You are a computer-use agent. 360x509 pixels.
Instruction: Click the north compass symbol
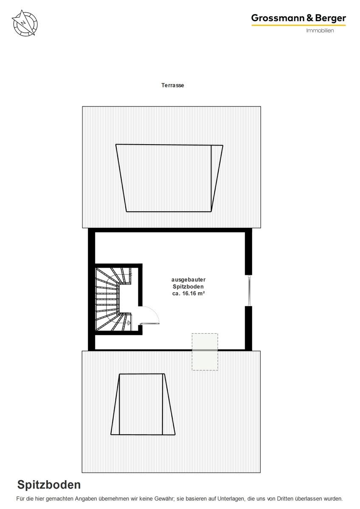pos(25,23)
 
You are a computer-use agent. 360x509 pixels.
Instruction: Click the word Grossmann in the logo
pos(278,18)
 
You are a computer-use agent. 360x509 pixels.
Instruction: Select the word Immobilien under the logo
pos(320,31)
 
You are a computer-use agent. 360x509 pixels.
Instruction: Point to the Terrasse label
pos(173,85)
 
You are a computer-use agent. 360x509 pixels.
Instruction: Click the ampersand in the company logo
pos(310,18)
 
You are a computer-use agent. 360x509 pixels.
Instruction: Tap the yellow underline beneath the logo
pos(298,25)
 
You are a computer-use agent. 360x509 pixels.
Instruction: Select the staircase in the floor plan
pos(113,299)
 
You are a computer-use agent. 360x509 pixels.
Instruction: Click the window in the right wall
pos(249,290)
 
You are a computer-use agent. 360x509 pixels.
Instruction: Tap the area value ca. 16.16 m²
pos(188,294)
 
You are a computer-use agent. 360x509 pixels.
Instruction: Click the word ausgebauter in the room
pos(188,280)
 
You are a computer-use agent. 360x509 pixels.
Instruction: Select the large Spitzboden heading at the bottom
pos(49,485)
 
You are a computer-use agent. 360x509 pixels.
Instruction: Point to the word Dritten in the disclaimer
pos(285,499)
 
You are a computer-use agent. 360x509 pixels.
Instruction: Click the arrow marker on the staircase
pos(129,323)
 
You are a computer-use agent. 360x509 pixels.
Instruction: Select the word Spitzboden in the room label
pos(188,287)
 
